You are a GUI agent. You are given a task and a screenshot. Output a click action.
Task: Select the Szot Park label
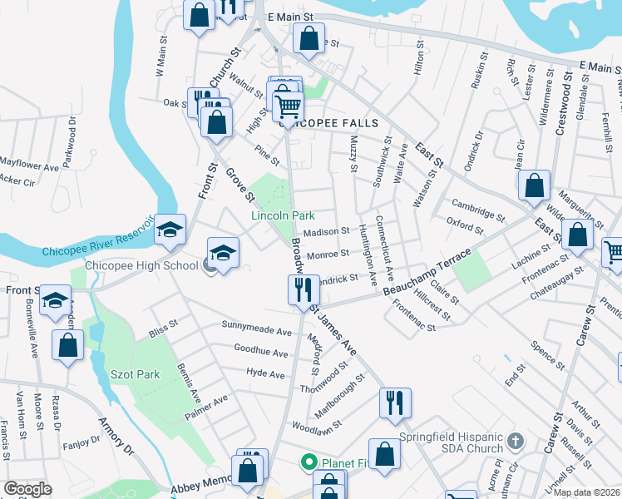(135, 374)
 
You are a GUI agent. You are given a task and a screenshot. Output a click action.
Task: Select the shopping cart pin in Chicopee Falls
(287, 106)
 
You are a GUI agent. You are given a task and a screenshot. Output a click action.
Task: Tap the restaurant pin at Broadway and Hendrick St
(301, 289)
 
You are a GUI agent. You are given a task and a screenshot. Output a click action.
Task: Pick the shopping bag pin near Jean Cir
(534, 185)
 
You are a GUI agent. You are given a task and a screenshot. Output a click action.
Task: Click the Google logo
(27, 488)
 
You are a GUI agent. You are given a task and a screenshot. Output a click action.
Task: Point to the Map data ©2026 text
(587, 492)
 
